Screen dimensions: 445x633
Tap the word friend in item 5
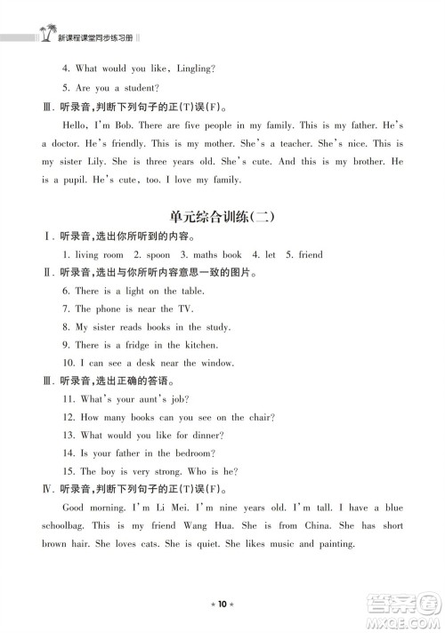(311, 255)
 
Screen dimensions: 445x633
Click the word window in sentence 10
(217, 363)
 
